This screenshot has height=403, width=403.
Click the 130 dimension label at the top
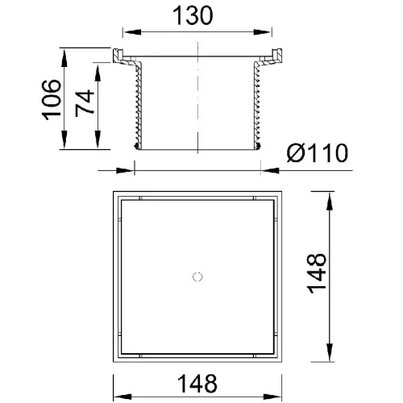[x=193, y=16]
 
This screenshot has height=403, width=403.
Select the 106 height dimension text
[x=52, y=99]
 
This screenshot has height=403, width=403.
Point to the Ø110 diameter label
[x=318, y=153]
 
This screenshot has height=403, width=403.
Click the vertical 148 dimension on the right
[x=317, y=273]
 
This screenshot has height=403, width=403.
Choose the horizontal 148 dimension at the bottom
[x=197, y=384]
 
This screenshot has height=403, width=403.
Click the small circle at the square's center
[x=197, y=276]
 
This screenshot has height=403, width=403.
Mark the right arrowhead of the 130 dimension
[x=262, y=32]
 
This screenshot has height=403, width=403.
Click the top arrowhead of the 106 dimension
[x=64, y=58]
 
